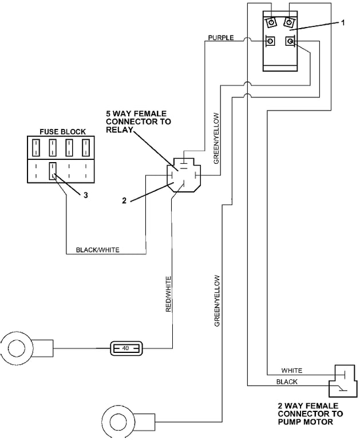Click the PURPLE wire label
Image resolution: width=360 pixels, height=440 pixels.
pyautogui.click(x=221, y=38)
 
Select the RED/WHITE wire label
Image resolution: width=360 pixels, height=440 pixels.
pyautogui.click(x=168, y=294)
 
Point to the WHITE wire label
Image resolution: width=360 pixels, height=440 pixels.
pyautogui.click(x=291, y=371)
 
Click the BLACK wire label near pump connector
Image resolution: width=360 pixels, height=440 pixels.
pyautogui.click(x=287, y=382)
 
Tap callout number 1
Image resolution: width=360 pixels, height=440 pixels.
pyautogui.click(x=342, y=22)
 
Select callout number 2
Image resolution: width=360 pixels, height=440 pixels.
pyautogui.click(x=124, y=201)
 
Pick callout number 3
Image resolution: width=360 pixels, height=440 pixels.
pyautogui.click(x=85, y=195)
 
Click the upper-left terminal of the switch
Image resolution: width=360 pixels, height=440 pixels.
pyautogui.click(x=269, y=22)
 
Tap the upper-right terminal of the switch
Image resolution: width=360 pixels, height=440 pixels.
pyautogui.click(x=289, y=22)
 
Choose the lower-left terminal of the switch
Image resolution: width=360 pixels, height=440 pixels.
pyautogui.click(x=269, y=42)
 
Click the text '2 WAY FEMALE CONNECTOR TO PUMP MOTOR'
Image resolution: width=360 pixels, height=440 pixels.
pyautogui.click(x=310, y=414)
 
